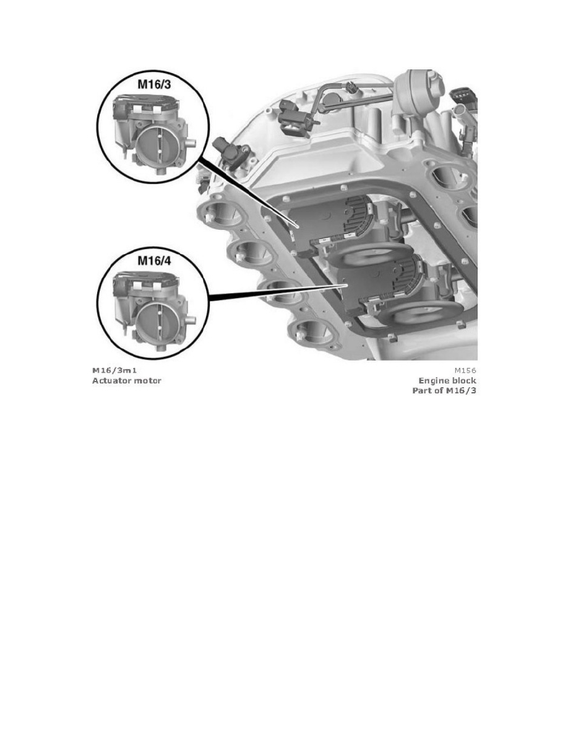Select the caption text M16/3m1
point(114,370)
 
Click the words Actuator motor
point(126,380)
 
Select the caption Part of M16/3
point(444,391)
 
